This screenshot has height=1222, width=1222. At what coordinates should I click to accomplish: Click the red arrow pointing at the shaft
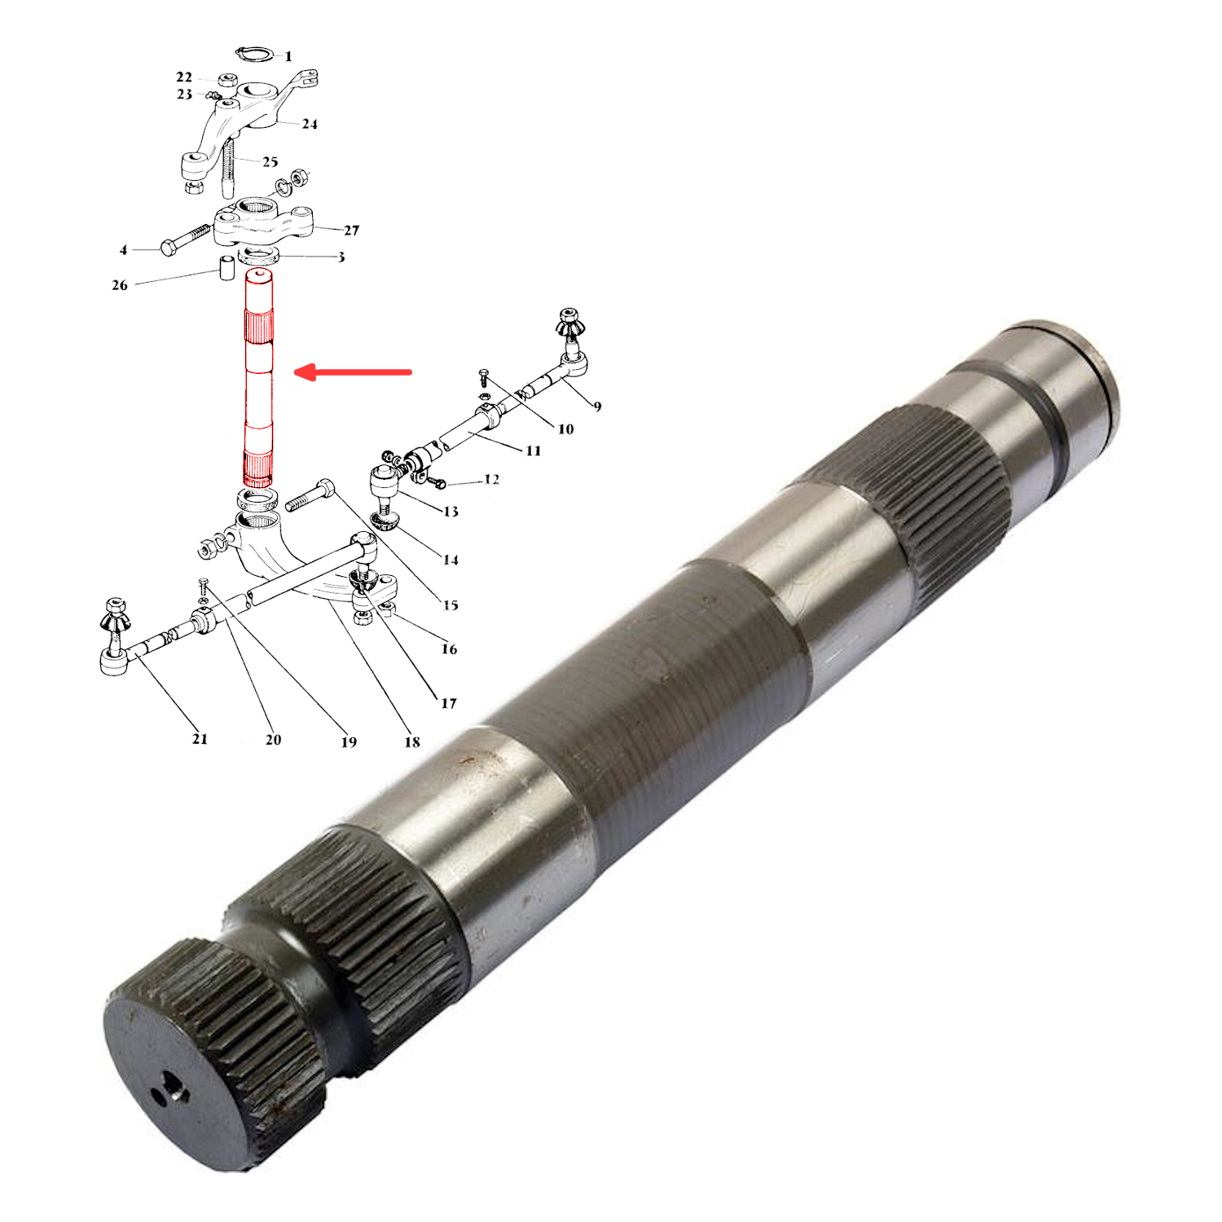352,373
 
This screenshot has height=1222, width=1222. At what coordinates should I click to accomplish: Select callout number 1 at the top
288,56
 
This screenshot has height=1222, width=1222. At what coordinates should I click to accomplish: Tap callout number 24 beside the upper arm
310,124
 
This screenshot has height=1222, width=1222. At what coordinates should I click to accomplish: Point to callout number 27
351,231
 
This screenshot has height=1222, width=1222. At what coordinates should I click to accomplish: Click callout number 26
120,285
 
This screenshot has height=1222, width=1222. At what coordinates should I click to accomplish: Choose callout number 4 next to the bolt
124,250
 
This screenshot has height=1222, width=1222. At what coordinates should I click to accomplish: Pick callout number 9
598,406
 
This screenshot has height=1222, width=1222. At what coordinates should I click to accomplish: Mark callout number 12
491,479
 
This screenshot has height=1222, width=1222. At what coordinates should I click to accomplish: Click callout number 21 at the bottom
200,739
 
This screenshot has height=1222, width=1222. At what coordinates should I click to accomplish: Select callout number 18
412,742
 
